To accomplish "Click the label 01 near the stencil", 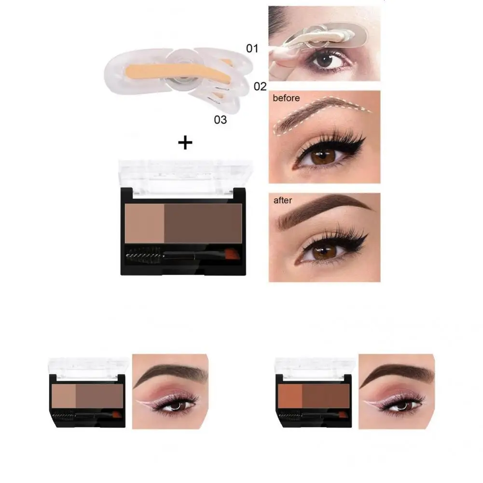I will pos(252,48).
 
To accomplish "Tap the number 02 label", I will pos(260,86).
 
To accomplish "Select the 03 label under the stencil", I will pos(220,119).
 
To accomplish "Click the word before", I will pos(286,98).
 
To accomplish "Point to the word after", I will pos(283,200).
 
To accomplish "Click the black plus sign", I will pos(185,142).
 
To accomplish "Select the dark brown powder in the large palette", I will pos(203,222).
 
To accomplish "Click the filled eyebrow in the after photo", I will pos(323,207).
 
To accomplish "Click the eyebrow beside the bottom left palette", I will pos(169,372).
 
